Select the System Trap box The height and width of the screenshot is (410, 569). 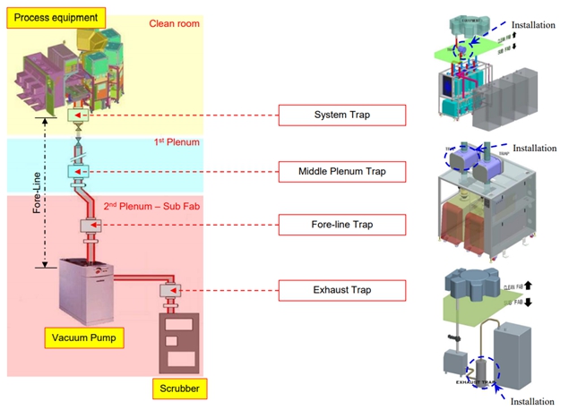341,115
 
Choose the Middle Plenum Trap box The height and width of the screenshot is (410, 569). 341,170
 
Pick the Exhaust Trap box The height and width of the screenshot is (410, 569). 341,289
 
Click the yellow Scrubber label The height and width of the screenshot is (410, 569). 179,389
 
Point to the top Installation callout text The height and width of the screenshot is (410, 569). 533,26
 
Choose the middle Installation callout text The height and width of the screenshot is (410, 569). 534,148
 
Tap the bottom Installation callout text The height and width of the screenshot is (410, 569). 532,402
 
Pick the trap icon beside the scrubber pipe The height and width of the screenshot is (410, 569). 170,290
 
